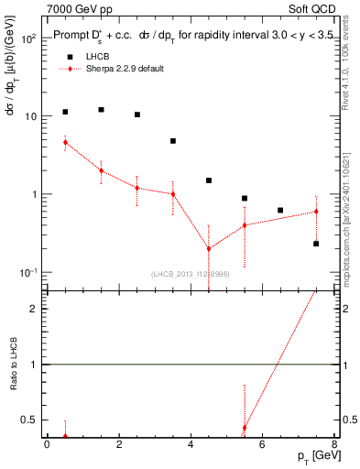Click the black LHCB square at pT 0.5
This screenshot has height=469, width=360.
click(65, 112)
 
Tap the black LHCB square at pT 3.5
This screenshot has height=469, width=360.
click(172, 141)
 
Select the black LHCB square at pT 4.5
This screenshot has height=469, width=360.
click(209, 180)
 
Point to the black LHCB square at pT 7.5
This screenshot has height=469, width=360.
click(316, 244)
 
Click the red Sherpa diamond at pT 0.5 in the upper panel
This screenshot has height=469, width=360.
click(65, 142)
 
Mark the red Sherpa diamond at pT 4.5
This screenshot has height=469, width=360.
click(209, 248)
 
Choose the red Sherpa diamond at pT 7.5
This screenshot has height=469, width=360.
click(316, 212)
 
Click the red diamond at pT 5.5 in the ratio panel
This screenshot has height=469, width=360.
click(245, 428)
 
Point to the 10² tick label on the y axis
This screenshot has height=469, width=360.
click(29, 40)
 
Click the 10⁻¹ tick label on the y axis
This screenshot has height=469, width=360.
click(29, 272)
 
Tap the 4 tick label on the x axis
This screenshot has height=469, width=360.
click(191, 445)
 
